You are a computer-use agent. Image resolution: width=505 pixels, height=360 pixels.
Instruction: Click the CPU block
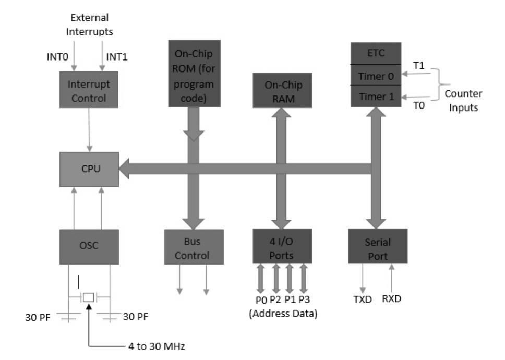pos(89,170)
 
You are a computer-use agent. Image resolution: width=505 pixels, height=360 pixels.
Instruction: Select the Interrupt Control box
pos(89,91)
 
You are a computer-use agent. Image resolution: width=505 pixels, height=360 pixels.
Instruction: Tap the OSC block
pos(89,245)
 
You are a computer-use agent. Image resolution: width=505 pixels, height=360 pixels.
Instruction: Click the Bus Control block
pos(194,248)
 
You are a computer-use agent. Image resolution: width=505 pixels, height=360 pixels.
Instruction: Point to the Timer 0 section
pos(377,75)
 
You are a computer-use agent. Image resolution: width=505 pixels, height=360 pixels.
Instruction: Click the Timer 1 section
pos(377,97)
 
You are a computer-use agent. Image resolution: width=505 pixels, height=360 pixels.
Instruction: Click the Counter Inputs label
pos(463,101)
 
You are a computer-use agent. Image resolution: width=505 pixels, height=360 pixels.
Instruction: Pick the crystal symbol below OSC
pos(88,297)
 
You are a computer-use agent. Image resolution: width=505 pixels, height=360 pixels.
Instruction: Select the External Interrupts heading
pos(89,25)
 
